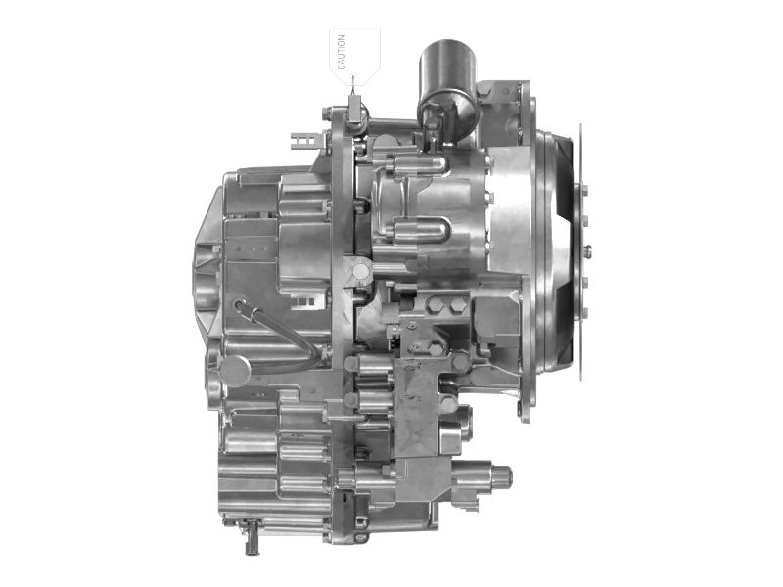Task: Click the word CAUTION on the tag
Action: [x=341, y=52]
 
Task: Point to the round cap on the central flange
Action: [x=360, y=272]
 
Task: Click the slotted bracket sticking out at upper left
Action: [x=304, y=140]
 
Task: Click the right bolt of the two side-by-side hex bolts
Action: [x=456, y=305]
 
